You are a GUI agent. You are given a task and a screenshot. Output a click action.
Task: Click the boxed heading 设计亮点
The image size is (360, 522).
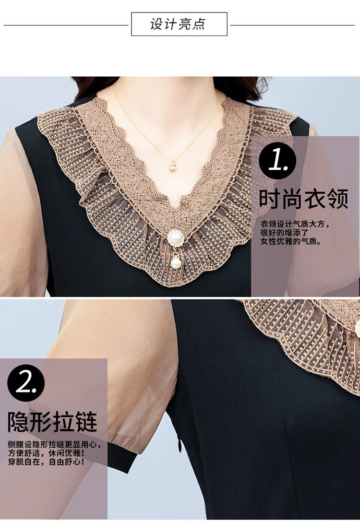[x=179, y=24]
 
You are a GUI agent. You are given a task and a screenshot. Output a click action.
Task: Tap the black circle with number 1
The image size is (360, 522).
[x=277, y=161]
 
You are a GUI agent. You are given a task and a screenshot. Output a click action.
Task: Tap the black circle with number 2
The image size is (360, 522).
[x=25, y=382]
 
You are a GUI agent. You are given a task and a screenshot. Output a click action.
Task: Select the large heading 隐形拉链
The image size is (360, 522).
[x=52, y=422]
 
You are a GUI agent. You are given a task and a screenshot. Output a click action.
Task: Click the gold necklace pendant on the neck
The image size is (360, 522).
[x=172, y=166]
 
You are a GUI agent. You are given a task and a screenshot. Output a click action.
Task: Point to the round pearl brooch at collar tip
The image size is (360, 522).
[x=175, y=238]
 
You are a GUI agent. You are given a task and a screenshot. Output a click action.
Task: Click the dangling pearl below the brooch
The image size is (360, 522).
[x=176, y=262]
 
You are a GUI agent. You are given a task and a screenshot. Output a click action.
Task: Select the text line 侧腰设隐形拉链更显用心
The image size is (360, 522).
[x=54, y=444]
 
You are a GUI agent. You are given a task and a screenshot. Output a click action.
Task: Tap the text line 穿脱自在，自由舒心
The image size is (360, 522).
[x=46, y=462]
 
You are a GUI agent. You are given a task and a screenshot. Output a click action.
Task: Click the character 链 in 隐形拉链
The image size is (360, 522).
[x=86, y=422]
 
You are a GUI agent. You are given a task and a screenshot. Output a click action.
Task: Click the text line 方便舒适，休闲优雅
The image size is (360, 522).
[x=46, y=453]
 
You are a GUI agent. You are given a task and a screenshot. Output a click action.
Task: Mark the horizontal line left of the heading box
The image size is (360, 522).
[x=66, y=24]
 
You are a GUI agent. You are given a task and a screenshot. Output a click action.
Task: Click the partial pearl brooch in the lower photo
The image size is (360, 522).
[x=357, y=327]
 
